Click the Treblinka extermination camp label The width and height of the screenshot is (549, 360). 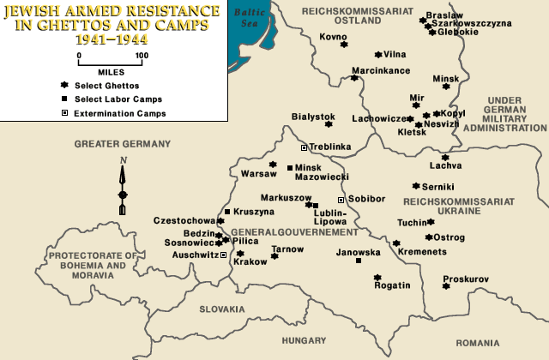tap(331, 147)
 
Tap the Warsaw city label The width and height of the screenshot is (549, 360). tap(258, 174)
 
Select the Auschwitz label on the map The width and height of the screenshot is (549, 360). tap(196, 255)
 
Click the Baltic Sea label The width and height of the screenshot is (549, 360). tap(250, 16)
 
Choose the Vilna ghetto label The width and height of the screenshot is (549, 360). tap(395, 54)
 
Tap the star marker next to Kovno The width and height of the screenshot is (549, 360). tap(344, 45)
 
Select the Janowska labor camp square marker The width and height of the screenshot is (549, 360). tap(358, 261)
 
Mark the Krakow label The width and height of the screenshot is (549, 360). tap(250, 262)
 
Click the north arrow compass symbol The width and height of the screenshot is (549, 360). tap(123, 186)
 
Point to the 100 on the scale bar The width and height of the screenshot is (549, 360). tap(142, 56)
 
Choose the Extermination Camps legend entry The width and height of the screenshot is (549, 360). tap(119, 113)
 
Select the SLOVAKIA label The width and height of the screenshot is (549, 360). tap(223, 309)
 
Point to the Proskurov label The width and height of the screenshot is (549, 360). tap(466, 279)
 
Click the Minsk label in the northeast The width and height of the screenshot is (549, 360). tap(446, 78)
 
